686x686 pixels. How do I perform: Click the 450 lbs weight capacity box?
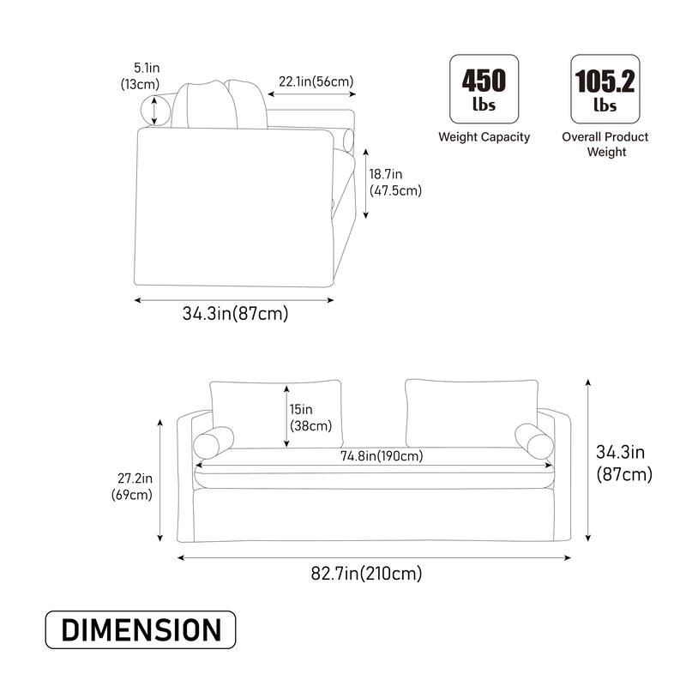(x=484, y=89)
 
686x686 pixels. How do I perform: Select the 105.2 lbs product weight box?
(x=605, y=89)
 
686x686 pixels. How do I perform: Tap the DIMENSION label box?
(x=141, y=629)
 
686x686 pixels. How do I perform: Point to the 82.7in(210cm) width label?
(x=367, y=573)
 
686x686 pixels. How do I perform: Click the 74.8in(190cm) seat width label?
(x=382, y=456)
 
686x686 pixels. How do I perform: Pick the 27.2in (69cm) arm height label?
(x=133, y=486)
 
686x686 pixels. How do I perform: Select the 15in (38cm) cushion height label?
(x=310, y=418)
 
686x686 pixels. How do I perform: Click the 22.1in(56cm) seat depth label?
(x=316, y=81)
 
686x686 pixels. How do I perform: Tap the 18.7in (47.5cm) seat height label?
(x=395, y=183)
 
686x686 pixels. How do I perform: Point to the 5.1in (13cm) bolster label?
(x=141, y=76)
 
